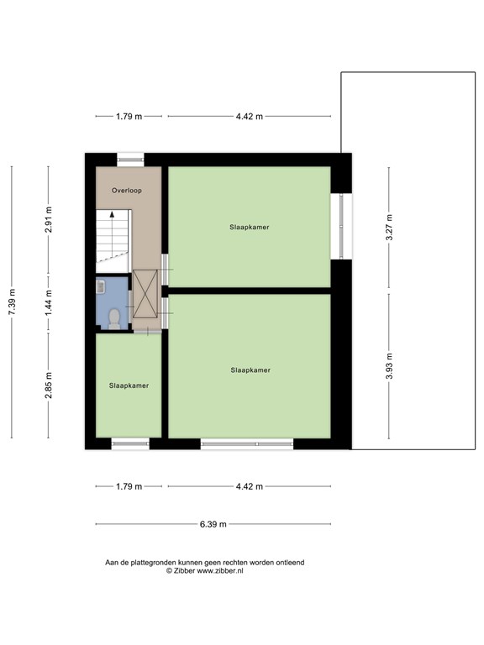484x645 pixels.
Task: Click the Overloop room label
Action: coord(128,191)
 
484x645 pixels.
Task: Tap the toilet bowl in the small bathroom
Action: coord(113,317)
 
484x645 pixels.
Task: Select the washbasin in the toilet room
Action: coord(101,287)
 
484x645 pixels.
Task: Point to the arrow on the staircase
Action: coord(110,218)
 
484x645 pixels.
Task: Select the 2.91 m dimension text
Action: coord(49,219)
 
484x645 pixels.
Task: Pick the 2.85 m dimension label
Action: coord(49,385)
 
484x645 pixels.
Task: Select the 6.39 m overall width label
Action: coord(214,525)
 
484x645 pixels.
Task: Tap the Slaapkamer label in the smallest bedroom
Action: coord(129,385)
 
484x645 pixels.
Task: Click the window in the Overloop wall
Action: coord(130,157)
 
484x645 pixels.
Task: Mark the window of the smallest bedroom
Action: coord(130,443)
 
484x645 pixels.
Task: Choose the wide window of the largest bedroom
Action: coord(246,443)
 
